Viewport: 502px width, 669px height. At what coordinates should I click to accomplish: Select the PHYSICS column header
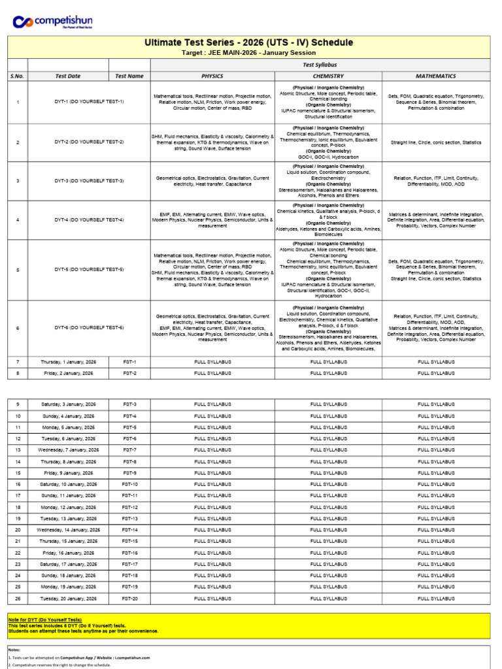pos(212,76)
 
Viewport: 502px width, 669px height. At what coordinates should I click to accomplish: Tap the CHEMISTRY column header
pos(328,76)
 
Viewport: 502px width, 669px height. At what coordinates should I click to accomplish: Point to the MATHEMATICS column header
pos(436,76)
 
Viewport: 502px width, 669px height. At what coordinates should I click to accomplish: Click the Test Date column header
pos(68,76)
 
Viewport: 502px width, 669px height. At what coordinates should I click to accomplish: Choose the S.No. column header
pos(18,76)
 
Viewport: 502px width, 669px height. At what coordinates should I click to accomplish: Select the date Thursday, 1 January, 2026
pos(69,361)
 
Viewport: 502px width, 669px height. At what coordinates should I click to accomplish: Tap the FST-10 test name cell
pos(130,484)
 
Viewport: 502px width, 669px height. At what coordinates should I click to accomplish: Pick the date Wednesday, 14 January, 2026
pos(69,530)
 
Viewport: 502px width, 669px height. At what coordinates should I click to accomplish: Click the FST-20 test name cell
pos(130,598)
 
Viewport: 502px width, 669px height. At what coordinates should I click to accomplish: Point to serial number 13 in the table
pos(18,450)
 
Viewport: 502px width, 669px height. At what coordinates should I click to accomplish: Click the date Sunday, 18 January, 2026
pos(69,576)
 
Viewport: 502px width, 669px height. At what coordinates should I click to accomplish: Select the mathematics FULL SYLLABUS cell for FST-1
pos(436,361)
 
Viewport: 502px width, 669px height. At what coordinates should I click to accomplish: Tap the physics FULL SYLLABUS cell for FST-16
pos(212,553)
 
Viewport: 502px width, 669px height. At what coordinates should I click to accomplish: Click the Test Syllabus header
pos(320,65)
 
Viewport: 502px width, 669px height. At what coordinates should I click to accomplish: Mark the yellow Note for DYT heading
pos(45,619)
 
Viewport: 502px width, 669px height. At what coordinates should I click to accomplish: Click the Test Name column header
pos(129,76)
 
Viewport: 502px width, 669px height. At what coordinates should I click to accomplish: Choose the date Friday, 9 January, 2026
pos(69,473)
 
